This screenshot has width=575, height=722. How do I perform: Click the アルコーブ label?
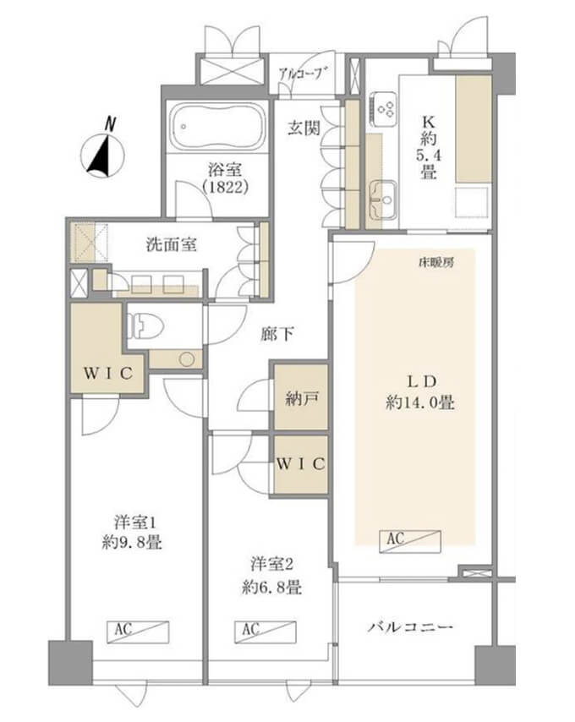tap(304, 74)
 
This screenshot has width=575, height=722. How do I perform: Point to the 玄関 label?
tap(304, 128)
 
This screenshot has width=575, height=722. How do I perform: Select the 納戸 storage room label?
tap(299, 399)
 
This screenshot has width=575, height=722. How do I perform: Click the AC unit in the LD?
tap(410, 541)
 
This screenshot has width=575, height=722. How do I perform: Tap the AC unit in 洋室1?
tap(138, 632)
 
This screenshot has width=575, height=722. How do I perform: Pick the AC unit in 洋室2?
tap(266, 632)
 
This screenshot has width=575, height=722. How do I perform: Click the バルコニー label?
tap(410, 627)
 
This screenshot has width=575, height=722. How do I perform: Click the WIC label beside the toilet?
tap(108, 373)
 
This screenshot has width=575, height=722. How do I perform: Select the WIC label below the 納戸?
tap(301, 464)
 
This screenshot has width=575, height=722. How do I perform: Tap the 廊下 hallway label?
tap(277, 334)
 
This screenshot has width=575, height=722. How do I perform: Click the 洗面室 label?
tap(172, 244)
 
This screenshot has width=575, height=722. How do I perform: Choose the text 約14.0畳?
tap(420, 403)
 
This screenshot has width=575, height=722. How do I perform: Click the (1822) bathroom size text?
tap(226, 188)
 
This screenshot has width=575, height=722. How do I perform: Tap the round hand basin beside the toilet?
tap(187, 359)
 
